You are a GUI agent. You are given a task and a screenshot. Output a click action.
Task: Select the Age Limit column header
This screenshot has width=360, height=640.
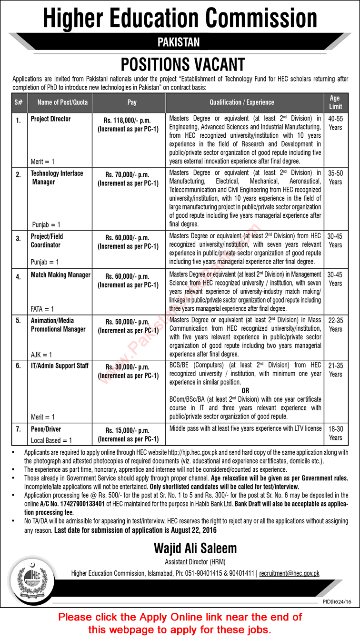pyautogui.click(x=335, y=102)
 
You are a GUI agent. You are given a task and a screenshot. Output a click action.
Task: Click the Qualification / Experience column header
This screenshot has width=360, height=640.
pyautogui.click(x=241, y=102)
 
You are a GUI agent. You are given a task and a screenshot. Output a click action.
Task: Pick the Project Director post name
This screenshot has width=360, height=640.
pyautogui.click(x=50, y=119)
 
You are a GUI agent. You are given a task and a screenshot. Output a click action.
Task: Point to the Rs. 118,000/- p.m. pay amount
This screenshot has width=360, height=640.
pyautogui.click(x=128, y=121)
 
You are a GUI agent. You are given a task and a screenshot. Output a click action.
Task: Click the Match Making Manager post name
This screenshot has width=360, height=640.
pyautogui.click(x=60, y=275)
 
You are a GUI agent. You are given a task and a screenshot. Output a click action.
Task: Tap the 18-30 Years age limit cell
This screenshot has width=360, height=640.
pyautogui.click(x=335, y=433)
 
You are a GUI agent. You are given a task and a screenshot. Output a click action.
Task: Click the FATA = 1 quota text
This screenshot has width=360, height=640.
pyautogui.click(x=42, y=309)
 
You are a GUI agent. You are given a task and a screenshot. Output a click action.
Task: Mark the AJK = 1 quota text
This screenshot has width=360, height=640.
pyautogui.click(x=41, y=355)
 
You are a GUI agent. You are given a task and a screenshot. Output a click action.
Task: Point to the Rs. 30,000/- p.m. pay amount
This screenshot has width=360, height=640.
pyautogui.click(x=128, y=367)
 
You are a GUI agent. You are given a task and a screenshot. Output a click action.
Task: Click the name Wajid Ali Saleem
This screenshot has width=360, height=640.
pyautogui.click(x=195, y=549)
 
